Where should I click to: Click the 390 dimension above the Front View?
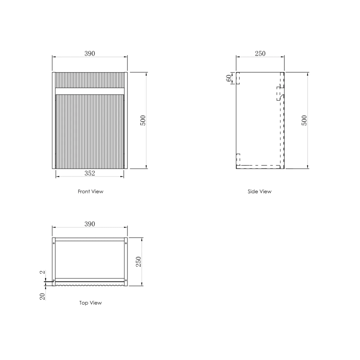point(90,53)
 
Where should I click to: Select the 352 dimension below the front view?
point(90,173)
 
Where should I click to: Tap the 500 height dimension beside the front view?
point(143,120)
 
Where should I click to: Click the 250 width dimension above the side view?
point(260,53)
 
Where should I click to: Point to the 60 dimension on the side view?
point(229,78)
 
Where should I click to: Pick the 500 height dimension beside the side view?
point(304,120)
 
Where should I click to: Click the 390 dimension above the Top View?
point(90,224)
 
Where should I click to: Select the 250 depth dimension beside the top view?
point(138,262)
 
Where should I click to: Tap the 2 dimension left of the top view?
point(42,272)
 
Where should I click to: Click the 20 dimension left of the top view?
point(42,296)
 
